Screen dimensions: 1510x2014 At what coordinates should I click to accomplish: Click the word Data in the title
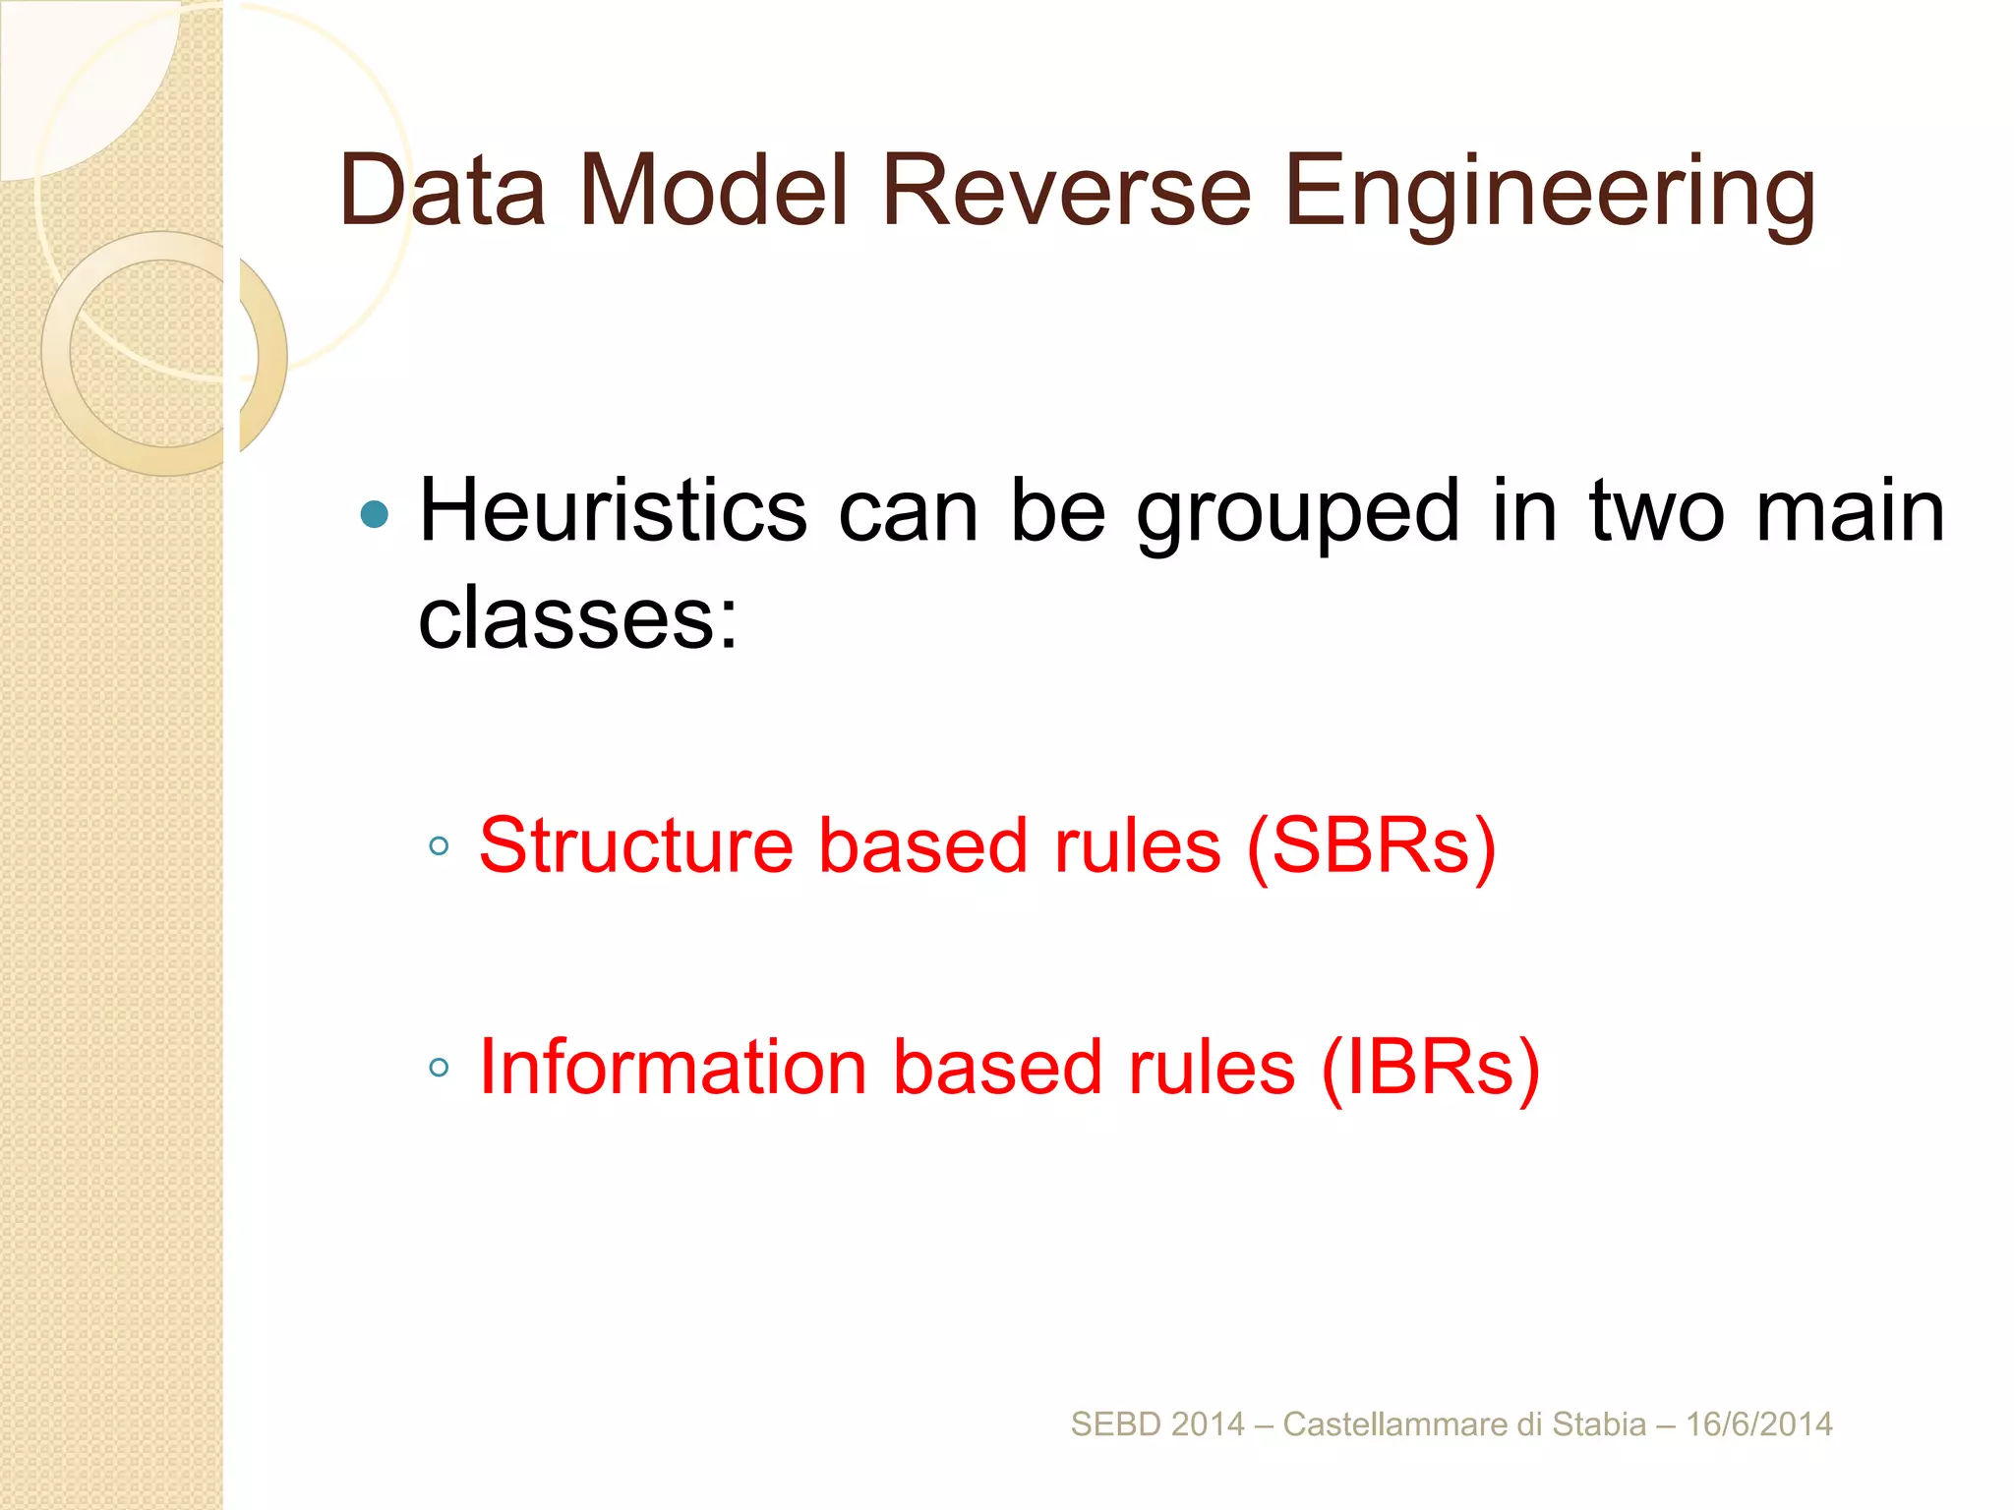tap(442, 191)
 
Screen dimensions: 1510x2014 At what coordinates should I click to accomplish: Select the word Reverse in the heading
tap(1066, 191)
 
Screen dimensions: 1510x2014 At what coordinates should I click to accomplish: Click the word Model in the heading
tap(713, 191)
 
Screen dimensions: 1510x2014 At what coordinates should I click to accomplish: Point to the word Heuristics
tap(613, 511)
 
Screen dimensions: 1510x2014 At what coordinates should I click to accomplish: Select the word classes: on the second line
tap(577, 619)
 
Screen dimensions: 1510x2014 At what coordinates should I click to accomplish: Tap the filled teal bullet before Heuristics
tap(375, 514)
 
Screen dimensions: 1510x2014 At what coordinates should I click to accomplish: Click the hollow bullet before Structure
tap(439, 845)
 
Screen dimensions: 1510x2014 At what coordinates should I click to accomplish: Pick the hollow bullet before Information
tap(439, 1068)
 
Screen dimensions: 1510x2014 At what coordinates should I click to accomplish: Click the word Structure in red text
tap(636, 845)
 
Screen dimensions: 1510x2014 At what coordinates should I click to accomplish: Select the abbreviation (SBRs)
tap(1371, 845)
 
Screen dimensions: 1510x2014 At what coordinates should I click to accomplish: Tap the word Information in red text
tap(673, 1068)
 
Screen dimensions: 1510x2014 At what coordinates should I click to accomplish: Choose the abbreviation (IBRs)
tap(1430, 1068)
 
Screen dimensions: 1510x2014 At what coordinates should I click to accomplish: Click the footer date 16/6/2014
tap(1758, 1424)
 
